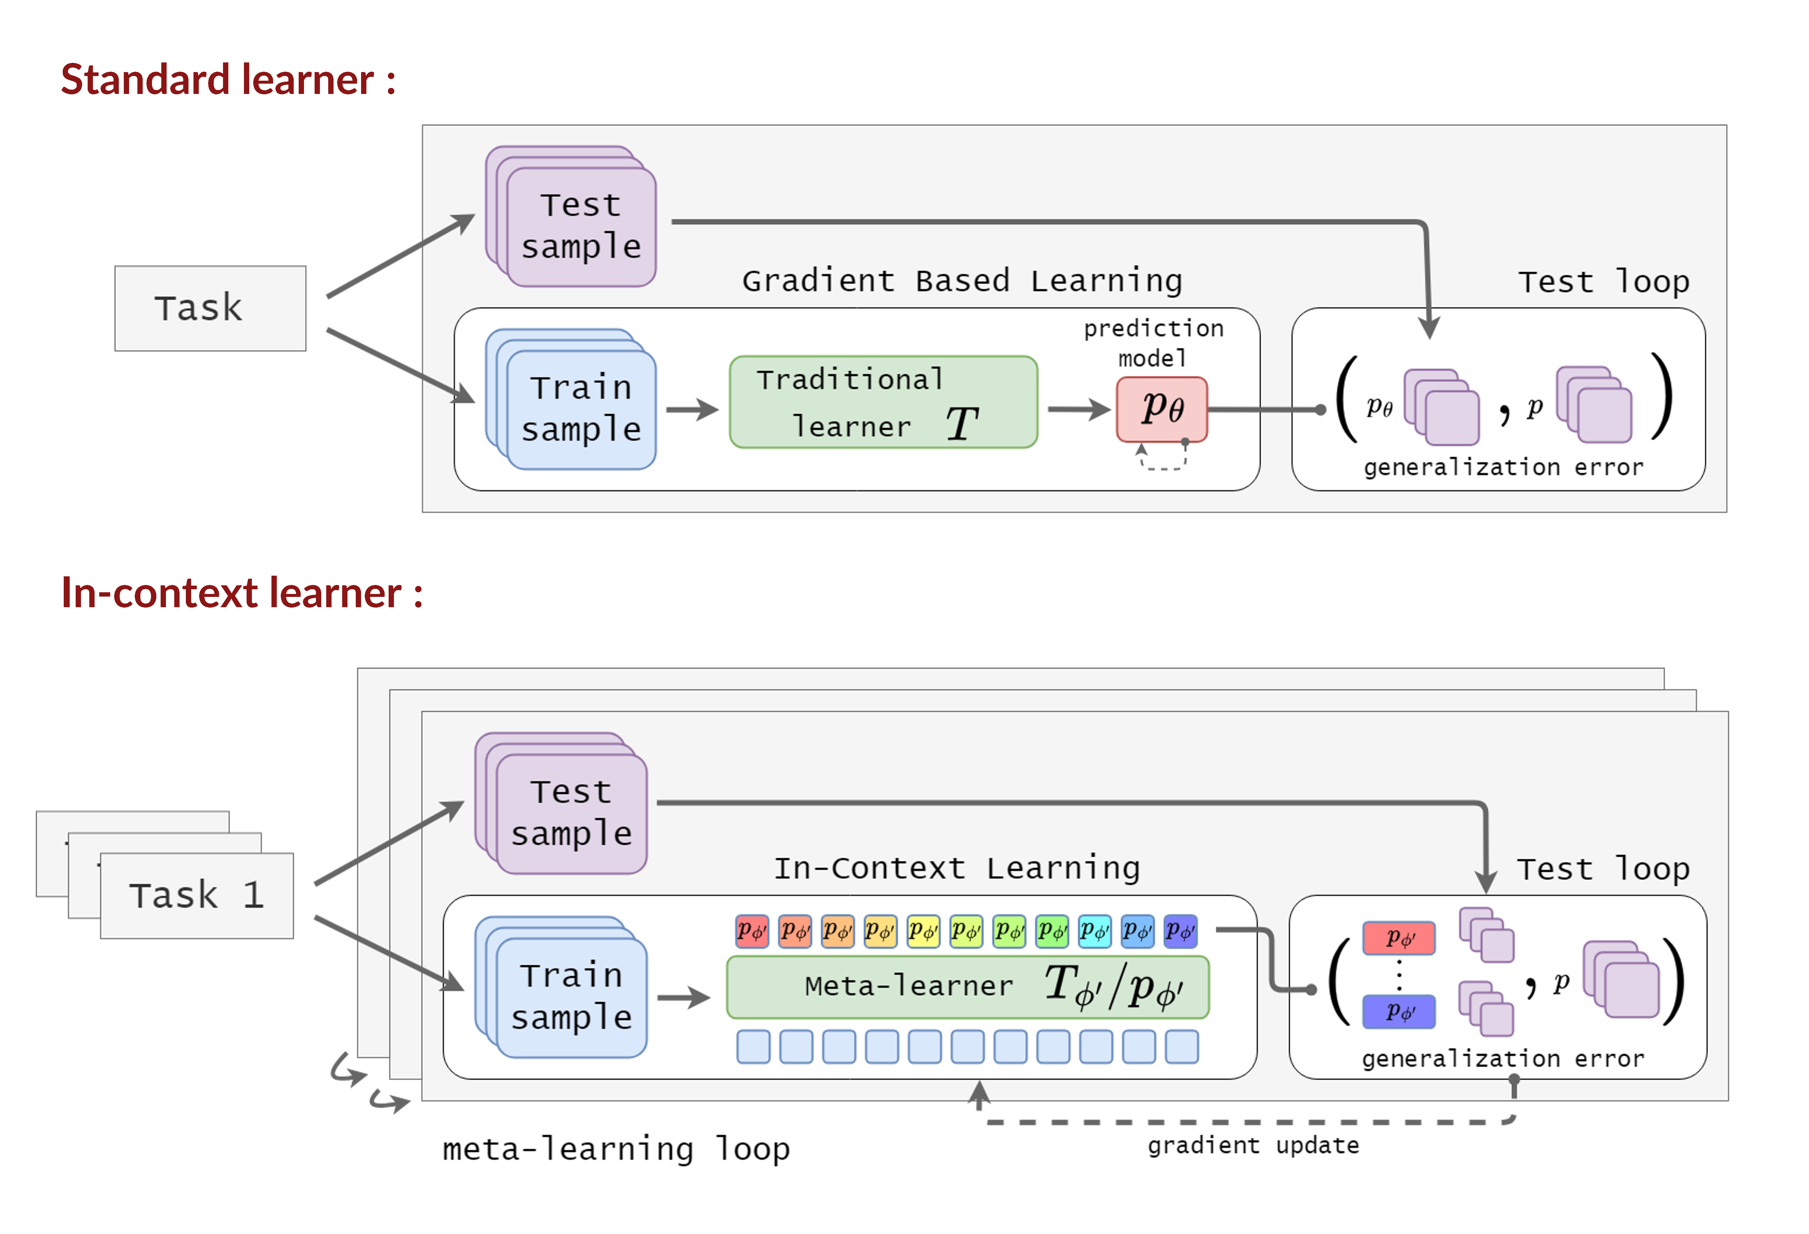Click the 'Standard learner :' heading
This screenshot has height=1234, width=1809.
click(228, 79)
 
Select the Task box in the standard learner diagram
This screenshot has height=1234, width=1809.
click(210, 308)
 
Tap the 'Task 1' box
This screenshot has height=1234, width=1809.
click(197, 895)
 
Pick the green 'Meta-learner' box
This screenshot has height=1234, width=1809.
click(967, 987)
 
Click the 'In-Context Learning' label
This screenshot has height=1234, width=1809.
click(957, 868)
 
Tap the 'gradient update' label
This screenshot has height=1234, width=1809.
click(1253, 1145)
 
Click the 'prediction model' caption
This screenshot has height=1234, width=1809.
click(1154, 343)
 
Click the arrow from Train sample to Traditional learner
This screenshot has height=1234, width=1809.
click(692, 410)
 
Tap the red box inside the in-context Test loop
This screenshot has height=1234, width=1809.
click(1399, 938)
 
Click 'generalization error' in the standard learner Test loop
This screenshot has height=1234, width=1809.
click(1504, 467)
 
